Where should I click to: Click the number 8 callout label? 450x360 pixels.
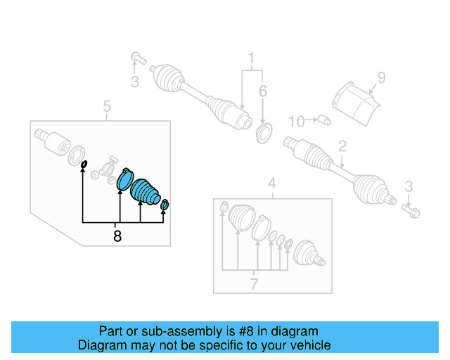click(x=117, y=237)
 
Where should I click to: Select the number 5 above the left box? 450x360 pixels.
click(x=107, y=107)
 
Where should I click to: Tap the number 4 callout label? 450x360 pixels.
click(x=272, y=185)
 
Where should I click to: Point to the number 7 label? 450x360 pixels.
click(x=254, y=284)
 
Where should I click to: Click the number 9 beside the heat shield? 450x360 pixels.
click(x=381, y=78)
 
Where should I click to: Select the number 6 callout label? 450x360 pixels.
click(x=263, y=91)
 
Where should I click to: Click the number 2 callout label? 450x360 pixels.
click(x=342, y=147)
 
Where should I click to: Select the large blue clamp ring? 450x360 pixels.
click(x=124, y=180)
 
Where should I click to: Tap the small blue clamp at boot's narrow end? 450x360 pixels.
click(x=165, y=205)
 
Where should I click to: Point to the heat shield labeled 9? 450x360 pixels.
click(x=355, y=103)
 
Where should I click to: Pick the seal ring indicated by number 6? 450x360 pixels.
click(x=264, y=131)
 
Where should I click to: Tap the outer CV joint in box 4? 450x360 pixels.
click(x=308, y=255)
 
